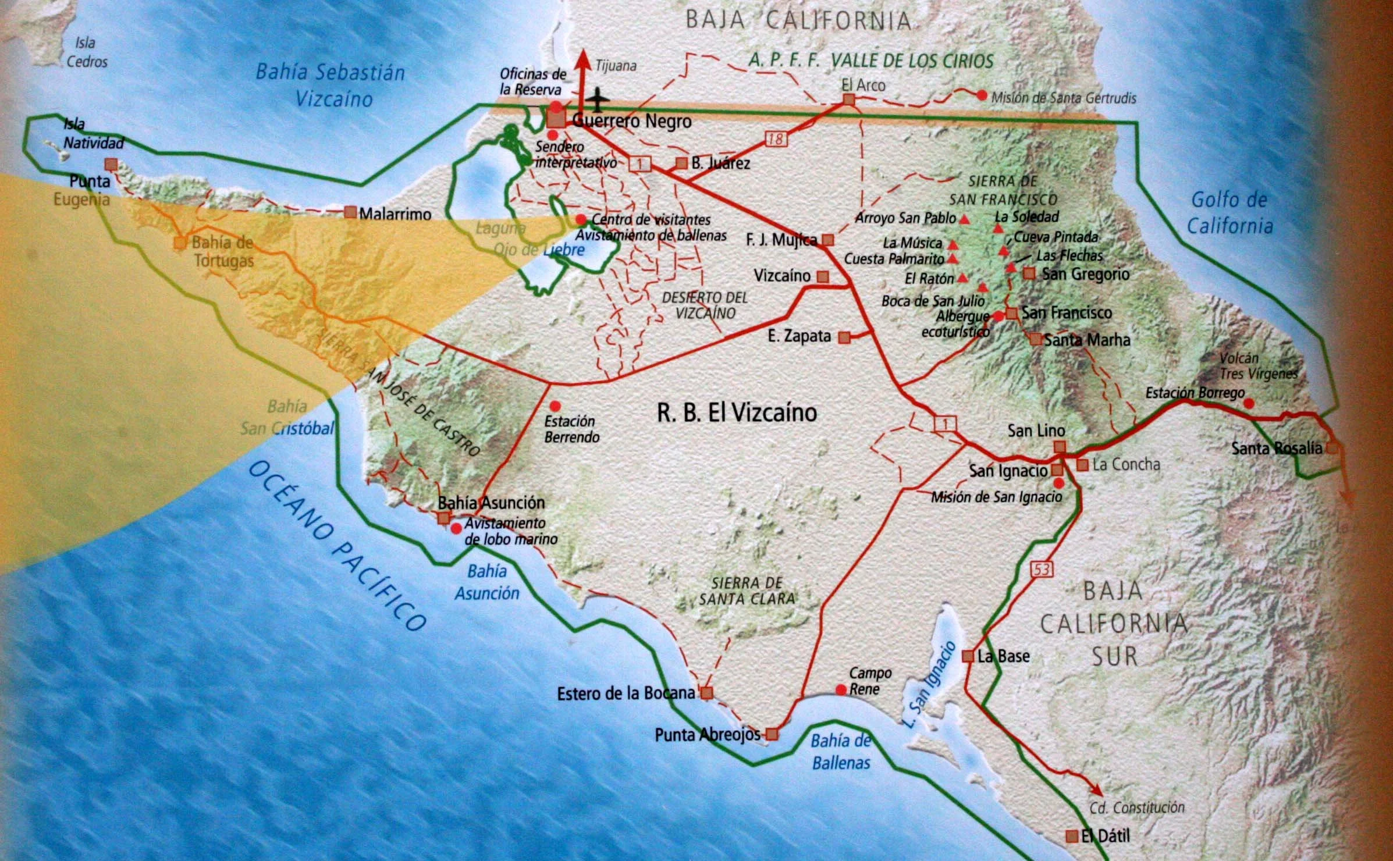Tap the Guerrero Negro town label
pos(632,121)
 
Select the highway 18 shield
pos(776,138)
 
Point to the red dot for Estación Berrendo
pos(555,405)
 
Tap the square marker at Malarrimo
pos(350,212)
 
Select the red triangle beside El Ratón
pos(963,279)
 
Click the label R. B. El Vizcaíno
pos(737,412)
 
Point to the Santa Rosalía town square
pos(1332,449)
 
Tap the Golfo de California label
pos(1229,212)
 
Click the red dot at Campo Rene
pos(841,689)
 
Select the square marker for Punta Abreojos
pos(772,734)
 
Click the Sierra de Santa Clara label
pos(747,590)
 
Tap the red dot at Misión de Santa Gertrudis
pos(982,95)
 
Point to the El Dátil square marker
pos(1071,836)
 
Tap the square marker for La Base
pos(968,656)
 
